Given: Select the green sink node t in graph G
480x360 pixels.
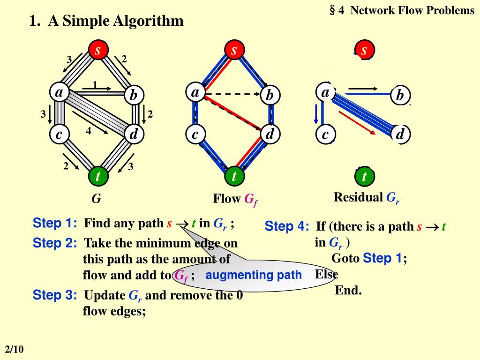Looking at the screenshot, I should pyautogui.click(x=98, y=176).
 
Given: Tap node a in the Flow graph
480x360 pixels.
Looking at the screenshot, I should pyautogui.click(x=195, y=93).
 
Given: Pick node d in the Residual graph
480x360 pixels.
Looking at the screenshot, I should pyautogui.click(x=400, y=135).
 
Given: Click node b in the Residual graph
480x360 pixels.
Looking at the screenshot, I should pyautogui.click(x=400, y=96).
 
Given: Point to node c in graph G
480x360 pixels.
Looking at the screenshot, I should pyautogui.click(x=59, y=135).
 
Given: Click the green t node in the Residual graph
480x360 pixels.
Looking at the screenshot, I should pyautogui.click(x=364, y=177).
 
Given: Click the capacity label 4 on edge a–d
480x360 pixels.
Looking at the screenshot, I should pyautogui.click(x=88, y=131).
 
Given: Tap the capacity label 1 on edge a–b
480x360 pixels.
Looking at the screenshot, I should pyautogui.click(x=95, y=84).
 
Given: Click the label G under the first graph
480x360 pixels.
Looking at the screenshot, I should pyautogui.click(x=96, y=199).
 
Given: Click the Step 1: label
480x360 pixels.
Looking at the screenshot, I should pyautogui.click(x=55, y=223).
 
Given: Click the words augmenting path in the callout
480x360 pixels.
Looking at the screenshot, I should pyautogui.click(x=254, y=275).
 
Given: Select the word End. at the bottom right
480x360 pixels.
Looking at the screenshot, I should pyautogui.click(x=348, y=291).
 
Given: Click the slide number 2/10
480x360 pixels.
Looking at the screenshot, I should pyautogui.click(x=14, y=350).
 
